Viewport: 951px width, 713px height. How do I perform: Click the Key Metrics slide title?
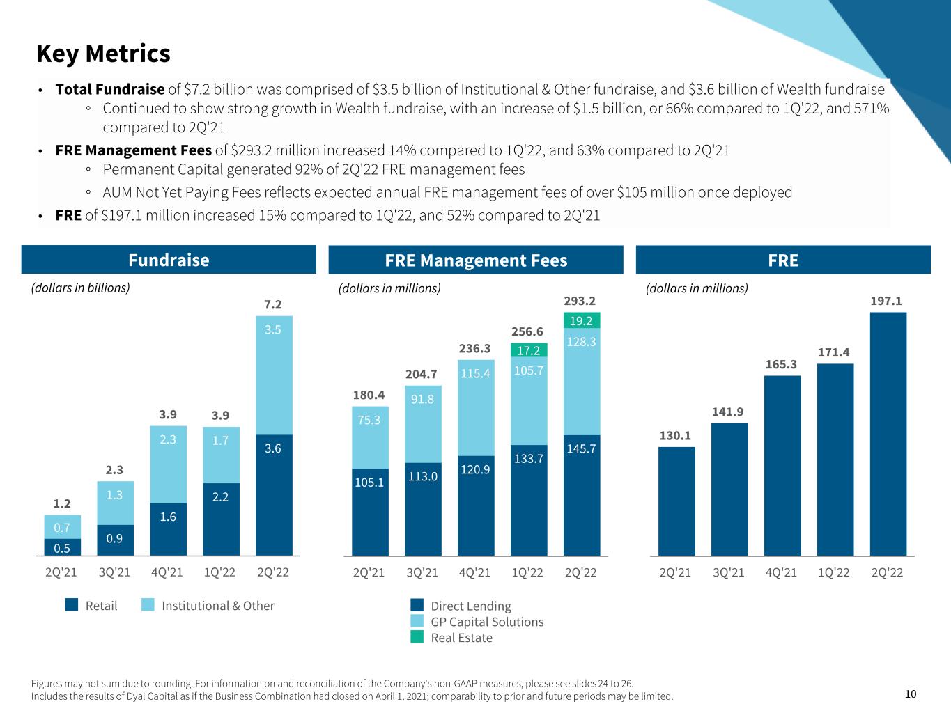103,54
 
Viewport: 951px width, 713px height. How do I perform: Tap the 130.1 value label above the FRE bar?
676,436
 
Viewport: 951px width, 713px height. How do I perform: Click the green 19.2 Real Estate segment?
581,320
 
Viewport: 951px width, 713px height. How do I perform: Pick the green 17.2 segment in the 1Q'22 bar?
529,350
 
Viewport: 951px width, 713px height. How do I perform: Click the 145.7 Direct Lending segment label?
581,449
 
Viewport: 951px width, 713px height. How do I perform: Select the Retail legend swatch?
72,605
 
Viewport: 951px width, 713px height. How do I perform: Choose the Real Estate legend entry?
461,638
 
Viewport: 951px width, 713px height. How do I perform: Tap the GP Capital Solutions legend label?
487,622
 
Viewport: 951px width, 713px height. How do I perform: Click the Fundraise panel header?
169,260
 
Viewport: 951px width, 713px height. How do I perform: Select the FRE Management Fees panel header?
476,260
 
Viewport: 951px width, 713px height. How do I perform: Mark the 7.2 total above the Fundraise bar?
273,305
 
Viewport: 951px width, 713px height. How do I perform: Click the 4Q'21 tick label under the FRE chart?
781,572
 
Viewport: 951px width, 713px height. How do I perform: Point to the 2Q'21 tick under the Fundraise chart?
62,572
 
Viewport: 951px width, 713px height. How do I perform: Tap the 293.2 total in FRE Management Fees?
580,301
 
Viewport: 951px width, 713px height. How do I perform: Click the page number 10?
911,694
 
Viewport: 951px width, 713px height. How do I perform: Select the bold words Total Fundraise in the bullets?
110,89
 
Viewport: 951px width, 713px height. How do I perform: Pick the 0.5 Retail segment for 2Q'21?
62,547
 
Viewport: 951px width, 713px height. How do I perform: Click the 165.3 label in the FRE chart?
781,365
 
